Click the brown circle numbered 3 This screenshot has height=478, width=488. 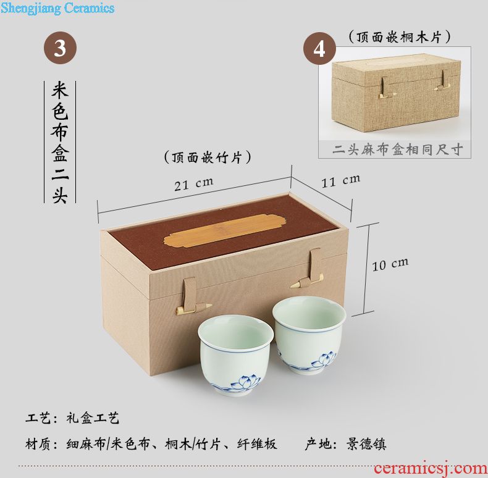[60, 48]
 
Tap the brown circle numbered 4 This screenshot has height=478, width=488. [319, 48]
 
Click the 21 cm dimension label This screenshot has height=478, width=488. [193, 184]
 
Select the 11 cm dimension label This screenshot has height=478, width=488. [341, 181]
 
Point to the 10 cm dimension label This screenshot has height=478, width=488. [390, 264]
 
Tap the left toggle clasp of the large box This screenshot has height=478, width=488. [193, 296]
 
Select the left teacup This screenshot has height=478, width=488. [235, 354]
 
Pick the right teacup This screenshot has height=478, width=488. [309, 335]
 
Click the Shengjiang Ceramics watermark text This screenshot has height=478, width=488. [57, 8]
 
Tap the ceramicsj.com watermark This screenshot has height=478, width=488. [431, 468]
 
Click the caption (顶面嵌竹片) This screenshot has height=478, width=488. [208, 157]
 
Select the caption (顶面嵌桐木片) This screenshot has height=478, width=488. [399, 37]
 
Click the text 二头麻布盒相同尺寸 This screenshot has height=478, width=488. [397, 149]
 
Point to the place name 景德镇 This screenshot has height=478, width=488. [366, 444]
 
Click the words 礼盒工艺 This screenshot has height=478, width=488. [93, 418]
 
